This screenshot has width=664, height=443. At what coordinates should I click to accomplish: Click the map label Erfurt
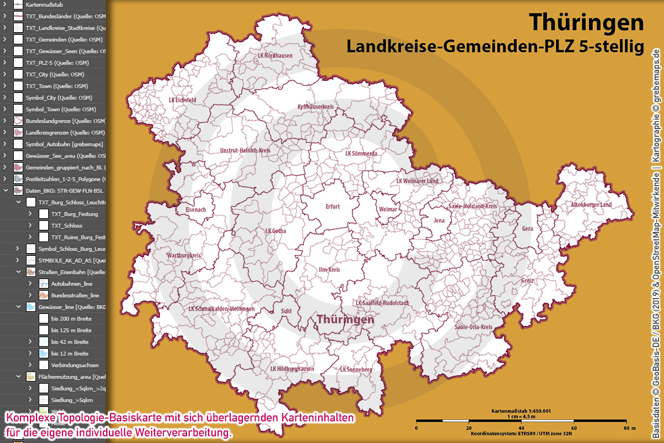[333, 207]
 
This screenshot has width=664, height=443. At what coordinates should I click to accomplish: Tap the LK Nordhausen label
[275, 56]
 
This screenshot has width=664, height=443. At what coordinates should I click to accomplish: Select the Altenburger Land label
[592, 205]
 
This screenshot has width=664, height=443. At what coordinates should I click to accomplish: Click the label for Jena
[439, 220]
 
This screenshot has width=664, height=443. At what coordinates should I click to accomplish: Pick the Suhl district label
[286, 311]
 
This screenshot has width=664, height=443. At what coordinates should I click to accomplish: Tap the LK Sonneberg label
[356, 369]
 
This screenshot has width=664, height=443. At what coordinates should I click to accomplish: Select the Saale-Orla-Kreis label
[473, 327]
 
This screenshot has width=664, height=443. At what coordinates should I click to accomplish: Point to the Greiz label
[527, 281]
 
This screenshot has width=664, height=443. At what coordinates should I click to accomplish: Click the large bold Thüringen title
[587, 22]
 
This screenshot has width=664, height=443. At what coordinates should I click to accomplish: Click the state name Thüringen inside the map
[345, 320]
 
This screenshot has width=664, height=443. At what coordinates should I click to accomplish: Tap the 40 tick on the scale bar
[521, 428]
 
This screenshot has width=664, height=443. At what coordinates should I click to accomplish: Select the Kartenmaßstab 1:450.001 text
[521, 411]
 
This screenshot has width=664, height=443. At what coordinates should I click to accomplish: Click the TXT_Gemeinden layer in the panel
[64, 39]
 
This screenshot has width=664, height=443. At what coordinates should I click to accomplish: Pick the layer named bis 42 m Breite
[70, 342]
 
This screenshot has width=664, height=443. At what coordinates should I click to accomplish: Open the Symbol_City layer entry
[59, 97]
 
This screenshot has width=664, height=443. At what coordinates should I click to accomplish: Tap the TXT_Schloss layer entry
[66, 225]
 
